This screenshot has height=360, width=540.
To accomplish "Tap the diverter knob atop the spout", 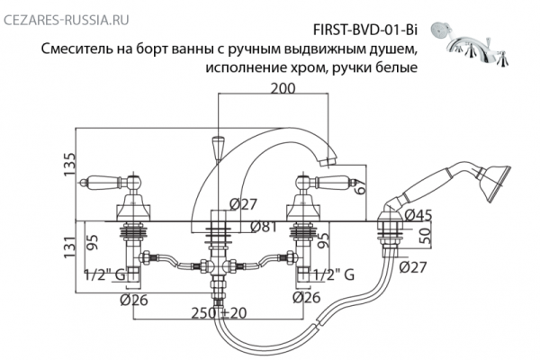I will pyautogui.click(x=217, y=145).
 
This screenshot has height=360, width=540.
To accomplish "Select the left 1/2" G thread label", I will pyautogui.click(x=101, y=274).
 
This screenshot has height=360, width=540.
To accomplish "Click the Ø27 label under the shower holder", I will pyautogui.click(x=414, y=266).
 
